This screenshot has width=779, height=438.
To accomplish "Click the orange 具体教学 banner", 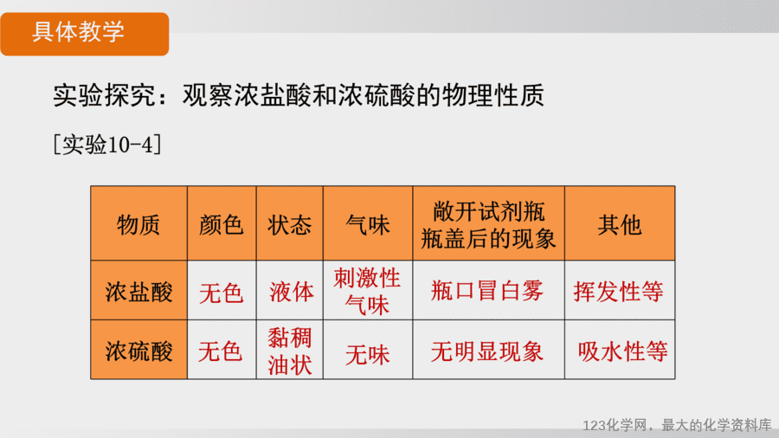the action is pyautogui.click(x=85, y=34).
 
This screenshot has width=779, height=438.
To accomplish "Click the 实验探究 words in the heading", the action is pyautogui.click(x=105, y=95).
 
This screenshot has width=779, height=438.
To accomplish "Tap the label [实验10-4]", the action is pyautogui.click(x=107, y=145).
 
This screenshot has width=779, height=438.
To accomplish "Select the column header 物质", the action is pyautogui.click(x=138, y=225).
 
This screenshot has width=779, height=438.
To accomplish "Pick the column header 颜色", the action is pyautogui.click(x=221, y=225).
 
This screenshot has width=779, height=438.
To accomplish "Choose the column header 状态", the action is pyautogui.click(x=290, y=225).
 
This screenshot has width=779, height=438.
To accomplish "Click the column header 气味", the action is pyautogui.click(x=368, y=225).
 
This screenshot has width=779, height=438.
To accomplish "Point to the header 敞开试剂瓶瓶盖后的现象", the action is pyautogui.click(x=488, y=225).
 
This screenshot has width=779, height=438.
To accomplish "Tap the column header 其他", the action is pyautogui.click(x=620, y=225).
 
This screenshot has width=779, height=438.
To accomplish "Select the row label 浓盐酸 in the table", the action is pyautogui.click(x=138, y=292).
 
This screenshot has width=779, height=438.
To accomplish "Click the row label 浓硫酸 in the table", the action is pyautogui.click(x=138, y=351).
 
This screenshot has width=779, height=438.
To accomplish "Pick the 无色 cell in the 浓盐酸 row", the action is pyautogui.click(x=221, y=293).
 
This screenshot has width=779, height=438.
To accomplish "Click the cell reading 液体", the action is pyautogui.click(x=292, y=292).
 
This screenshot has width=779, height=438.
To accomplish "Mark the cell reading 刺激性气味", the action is pyautogui.click(x=367, y=292).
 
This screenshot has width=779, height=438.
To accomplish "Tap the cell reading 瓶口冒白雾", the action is pyautogui.click(x=486, y=291).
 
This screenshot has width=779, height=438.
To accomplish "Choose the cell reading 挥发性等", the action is pyautogui.click(x=619, y=292).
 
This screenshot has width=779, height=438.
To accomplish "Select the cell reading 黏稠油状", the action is pyautogui.click(x=290, y=351).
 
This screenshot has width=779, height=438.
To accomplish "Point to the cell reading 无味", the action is pyautogui.click(x=368, y=355).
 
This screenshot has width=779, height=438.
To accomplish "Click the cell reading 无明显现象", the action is pyautogui.click(x=486, y=351).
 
